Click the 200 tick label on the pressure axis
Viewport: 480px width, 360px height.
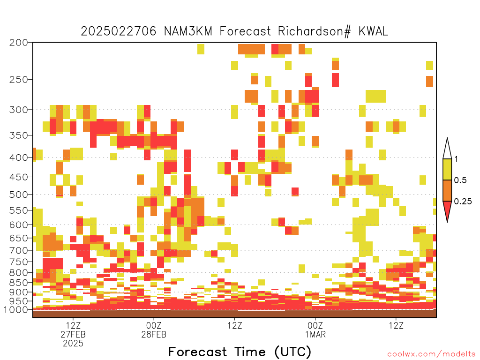(x=18, y=43)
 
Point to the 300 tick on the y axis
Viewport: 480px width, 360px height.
(x=18, y=110)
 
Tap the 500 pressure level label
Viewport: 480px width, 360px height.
(x=18, y=195)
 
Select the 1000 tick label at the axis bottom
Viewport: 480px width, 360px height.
(x=15, y=310)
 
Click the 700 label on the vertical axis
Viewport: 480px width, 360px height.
(x=18, y=250)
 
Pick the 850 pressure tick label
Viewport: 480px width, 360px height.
(x=18, y=283)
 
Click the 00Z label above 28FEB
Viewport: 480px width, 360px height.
(x=154, y=325)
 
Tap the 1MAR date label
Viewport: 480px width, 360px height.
(x=315, y=334)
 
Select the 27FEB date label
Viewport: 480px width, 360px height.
(x=73, y=334)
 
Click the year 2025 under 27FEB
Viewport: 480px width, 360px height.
(x=73, y=344)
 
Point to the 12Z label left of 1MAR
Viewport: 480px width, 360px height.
(x=235, y=325)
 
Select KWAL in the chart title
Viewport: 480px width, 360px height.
(x=373, y=31)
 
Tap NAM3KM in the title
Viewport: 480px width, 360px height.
(x=188, y=31)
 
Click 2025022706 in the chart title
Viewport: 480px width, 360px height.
(x=119, y=31)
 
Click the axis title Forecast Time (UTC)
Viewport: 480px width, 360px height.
(x=240, y=352)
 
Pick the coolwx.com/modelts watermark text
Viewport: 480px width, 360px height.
(x=431, y=354)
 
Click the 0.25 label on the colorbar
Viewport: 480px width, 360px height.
(x=463, y=202)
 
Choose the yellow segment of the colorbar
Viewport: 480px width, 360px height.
(x=447, y=169)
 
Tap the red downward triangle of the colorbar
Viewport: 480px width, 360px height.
(x=447, y=209)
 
